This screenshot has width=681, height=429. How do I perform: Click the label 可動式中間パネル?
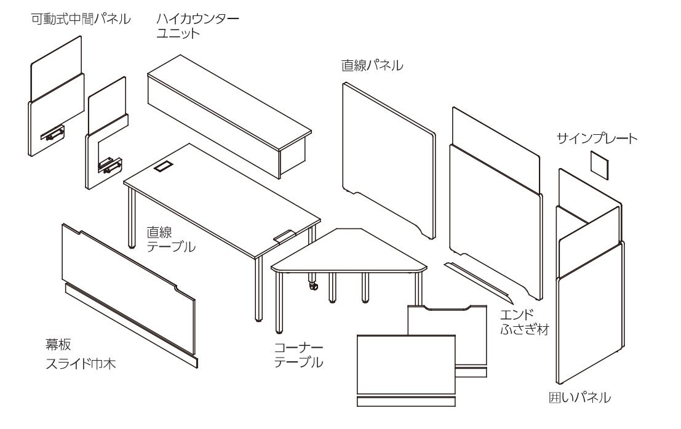81,20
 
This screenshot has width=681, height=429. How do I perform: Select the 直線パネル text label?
372,65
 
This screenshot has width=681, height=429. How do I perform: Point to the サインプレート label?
597,138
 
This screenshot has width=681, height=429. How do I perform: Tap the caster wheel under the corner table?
314,286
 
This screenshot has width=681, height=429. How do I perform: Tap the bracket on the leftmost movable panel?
52,133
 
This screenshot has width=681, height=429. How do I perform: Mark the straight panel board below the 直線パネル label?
388,157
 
